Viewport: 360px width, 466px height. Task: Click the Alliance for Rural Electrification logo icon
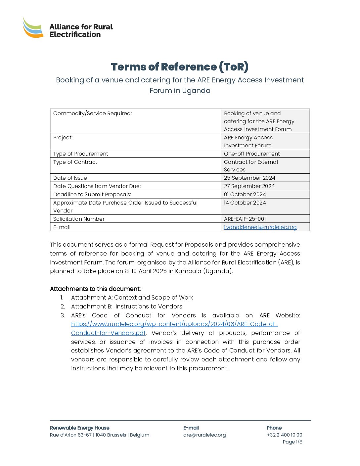[x=33, y=28]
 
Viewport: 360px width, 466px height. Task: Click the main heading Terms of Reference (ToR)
[x=180, y=67]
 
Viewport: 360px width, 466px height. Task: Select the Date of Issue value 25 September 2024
[x=249, y=178]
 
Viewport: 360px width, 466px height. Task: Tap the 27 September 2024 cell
[x=249, y=186]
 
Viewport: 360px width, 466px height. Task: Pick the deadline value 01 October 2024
[x=245, y=195]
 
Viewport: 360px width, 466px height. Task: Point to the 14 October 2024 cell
[x=245, y=203]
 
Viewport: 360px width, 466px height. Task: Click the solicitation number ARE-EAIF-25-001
[x=245, y=219]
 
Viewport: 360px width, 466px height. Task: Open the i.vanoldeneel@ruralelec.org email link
[x=260, y=227]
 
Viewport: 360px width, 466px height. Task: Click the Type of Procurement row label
[x=81, y=154]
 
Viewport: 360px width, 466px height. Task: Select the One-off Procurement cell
[x=252, y=154]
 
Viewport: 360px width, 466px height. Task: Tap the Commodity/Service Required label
[x=93, y=114]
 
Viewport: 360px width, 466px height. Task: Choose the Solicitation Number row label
[x=79, y=219]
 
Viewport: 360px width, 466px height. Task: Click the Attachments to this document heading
[x=95, y=289]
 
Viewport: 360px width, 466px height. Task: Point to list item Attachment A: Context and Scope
[x=132, y=298]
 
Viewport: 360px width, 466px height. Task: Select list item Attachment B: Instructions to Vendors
[x=127, y=307]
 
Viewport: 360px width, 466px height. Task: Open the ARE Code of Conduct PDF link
[x=174, y=324]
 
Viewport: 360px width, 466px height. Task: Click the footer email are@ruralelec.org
[x=204, y=435]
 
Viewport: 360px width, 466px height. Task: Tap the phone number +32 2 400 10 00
[x=285, y=435]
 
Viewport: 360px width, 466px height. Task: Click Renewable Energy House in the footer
[x=80, y=428]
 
